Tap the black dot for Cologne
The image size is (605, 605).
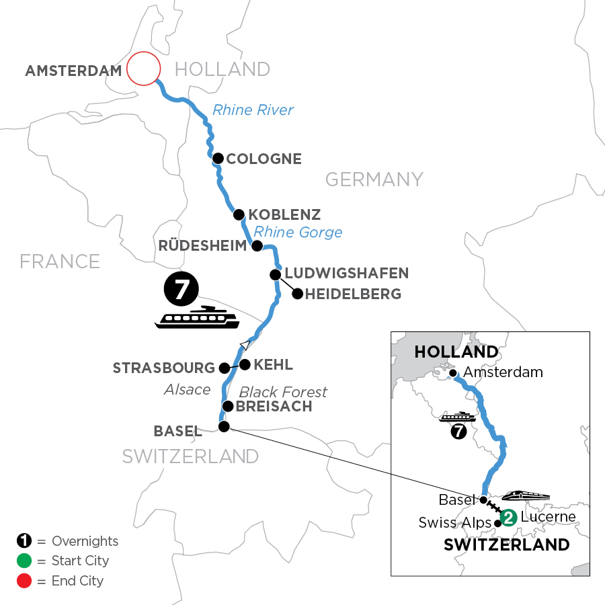point(218,159)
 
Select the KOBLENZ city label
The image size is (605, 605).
point(284,215)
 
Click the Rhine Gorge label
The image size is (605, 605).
point(298,233)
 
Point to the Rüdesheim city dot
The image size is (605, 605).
point(256,246)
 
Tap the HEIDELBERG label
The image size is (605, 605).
point(354,294)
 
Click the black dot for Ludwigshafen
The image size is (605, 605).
point(275,274)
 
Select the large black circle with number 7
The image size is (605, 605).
point(181,290)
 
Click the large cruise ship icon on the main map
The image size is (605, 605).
point(197,317)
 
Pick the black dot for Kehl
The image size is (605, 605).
point(245,364)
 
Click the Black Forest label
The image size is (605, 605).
point(283,392)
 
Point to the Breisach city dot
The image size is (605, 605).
point(228,406)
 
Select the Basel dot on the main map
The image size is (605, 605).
point(224,426)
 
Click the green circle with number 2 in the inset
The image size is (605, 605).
point(509,517)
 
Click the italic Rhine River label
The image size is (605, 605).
point(253,110)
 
